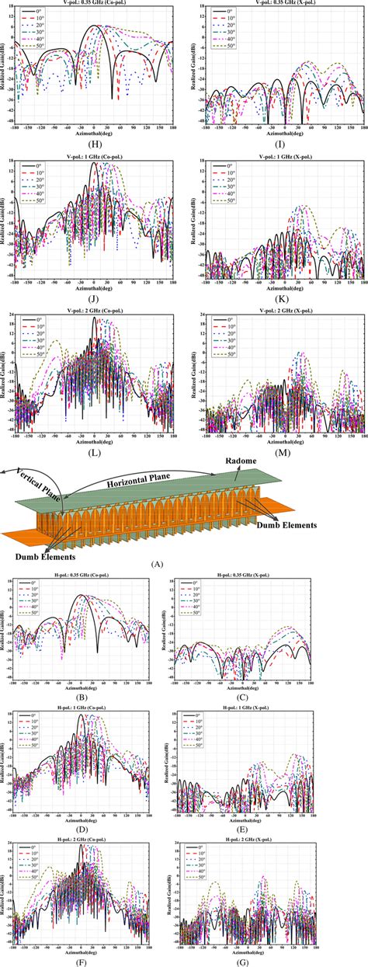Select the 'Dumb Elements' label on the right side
(285, 525)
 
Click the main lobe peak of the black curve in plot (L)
(94, 318)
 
